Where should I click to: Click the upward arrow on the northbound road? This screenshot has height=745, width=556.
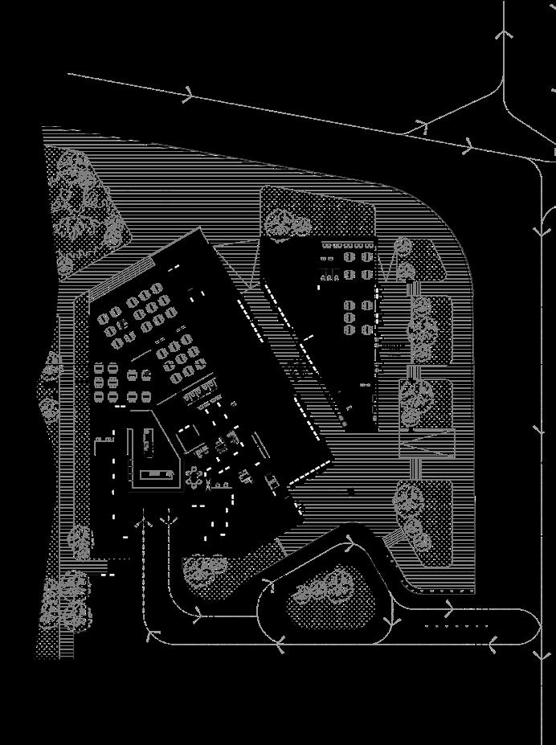coord(504,34)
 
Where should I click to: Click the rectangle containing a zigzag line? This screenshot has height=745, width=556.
coord(427,444)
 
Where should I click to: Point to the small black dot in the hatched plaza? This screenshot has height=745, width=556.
coord(351,491)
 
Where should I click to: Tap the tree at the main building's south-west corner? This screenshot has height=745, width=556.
coord(80,540)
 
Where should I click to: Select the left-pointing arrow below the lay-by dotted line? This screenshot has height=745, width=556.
coord(493,642)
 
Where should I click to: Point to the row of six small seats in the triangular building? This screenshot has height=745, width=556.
coord(330,277)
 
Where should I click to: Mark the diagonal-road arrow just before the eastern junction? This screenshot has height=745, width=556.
coord(468,148)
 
